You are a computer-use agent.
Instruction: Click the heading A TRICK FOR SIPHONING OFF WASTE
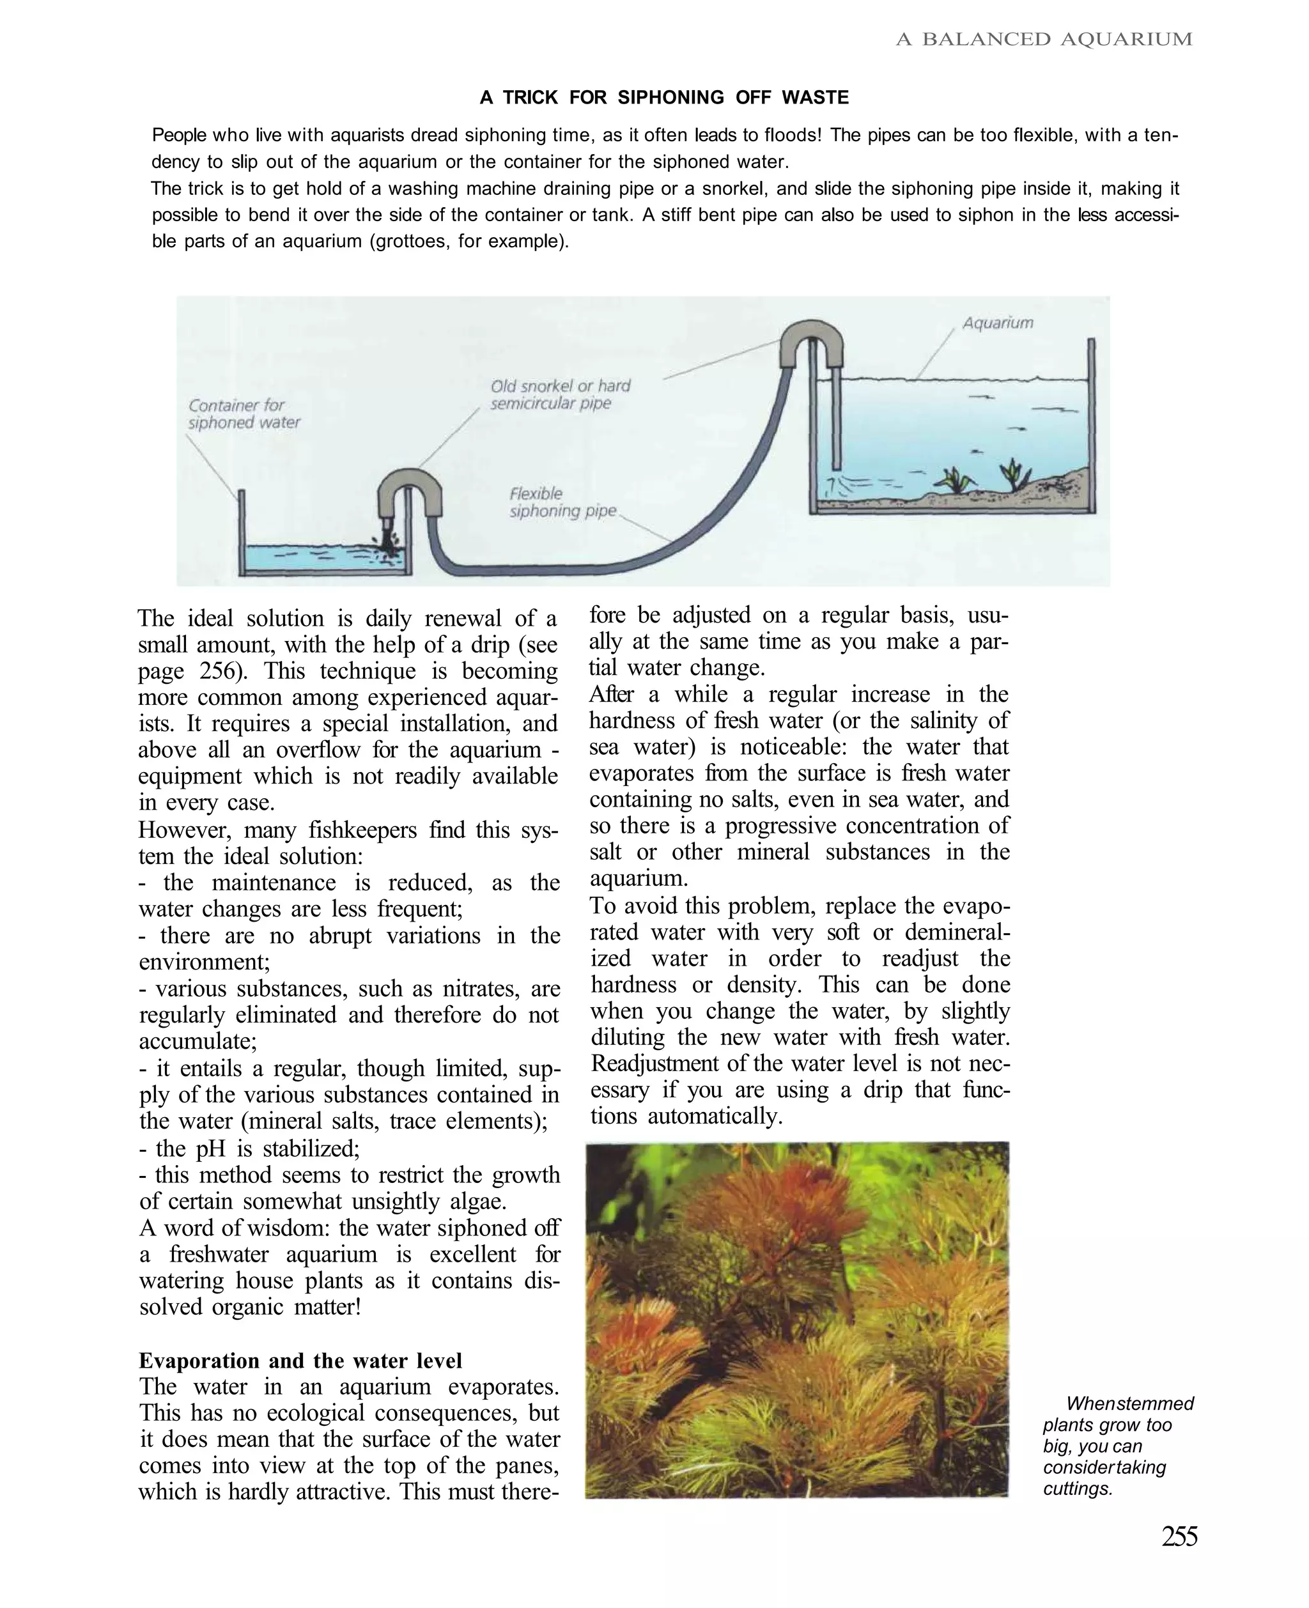663,97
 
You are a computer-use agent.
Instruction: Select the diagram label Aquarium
998,323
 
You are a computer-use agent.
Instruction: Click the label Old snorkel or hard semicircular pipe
561,394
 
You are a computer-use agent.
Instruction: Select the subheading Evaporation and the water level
300,1360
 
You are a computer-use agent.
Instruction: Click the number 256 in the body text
222,671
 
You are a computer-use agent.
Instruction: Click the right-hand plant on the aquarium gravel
1010,474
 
